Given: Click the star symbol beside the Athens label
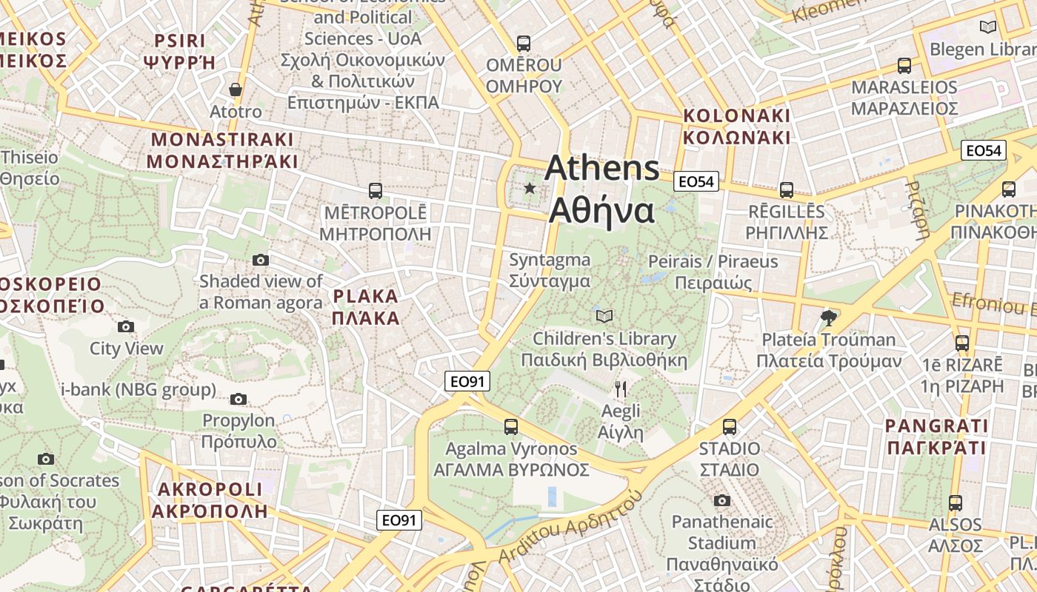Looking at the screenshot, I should (x=530, y=188).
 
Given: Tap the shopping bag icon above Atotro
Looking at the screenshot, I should (x=236, y=90).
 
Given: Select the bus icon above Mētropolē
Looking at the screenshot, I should (x=376, y=191).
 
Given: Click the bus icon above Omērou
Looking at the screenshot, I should (x=524, y=44).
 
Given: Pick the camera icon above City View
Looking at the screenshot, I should (x=126, y=326).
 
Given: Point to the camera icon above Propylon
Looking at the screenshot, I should (x=238, y=399).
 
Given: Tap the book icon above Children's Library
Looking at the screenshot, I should (x=604, y=316).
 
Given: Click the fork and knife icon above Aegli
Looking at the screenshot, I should (x=621, y=388).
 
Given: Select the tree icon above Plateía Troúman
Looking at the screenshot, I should (x=829, y=318).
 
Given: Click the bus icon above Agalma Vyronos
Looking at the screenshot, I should (x=511, y=426).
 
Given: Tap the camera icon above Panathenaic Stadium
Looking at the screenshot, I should (x=722, y=500).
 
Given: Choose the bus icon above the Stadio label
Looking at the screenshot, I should (x=730, y=426).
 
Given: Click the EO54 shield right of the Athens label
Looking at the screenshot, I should (x=697, y=181).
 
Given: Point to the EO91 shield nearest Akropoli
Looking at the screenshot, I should (x=400, y=520).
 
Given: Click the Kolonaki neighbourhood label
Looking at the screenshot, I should (x=736, y=127).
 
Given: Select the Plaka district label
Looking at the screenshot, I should (x=366, y=307).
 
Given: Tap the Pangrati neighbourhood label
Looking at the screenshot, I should (x=937, y=437).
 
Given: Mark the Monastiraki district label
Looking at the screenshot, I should (x=222, y=150).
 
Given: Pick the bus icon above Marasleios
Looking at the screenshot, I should (x=904, y=65).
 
